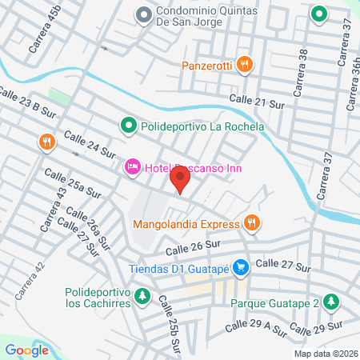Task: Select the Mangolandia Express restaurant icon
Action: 253,223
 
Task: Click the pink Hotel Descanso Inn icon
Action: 132,166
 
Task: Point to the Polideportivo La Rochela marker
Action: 127,126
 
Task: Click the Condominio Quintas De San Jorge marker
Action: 144,14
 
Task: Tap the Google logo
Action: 27,350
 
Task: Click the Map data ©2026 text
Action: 325,354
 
